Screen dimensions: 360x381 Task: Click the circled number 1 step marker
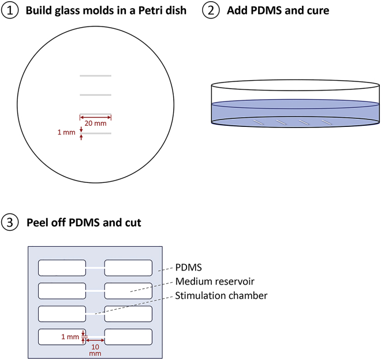coord(9,10)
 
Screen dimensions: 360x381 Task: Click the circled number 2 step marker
coord(211,10)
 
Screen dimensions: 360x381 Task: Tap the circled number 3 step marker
coord(9,222)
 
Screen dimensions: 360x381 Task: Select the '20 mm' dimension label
coord(95,124)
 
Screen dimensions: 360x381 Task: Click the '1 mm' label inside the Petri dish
coord(66,133)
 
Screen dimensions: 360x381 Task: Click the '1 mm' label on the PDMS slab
coord(70,336)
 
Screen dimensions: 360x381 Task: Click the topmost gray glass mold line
coord(95,76)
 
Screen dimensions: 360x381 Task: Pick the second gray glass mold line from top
coord(95,95)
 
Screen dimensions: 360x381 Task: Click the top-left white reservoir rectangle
coord(62,268)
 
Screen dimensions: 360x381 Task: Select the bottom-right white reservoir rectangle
coord(128,336)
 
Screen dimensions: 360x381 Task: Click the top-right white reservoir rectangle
coord(128,268)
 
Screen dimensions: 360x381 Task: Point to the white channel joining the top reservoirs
coord(95,268)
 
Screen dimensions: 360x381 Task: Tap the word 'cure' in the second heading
coord(316,10)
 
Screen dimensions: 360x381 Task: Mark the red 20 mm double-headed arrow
coord(95,117)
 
